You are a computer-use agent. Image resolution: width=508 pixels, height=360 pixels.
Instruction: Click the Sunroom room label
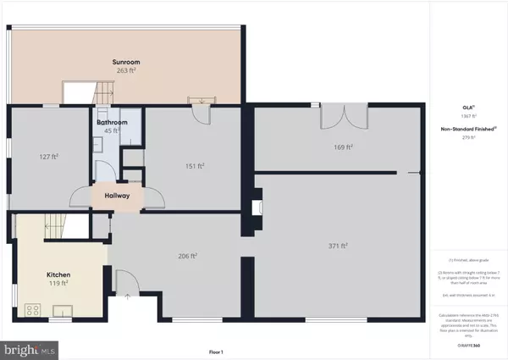pos(126,62)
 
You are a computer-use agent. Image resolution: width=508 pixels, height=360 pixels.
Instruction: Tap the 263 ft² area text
pos(126,70)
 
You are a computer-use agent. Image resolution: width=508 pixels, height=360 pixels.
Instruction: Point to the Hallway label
pos(117,196)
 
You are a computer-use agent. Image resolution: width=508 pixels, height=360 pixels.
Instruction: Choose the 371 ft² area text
pos(339,246)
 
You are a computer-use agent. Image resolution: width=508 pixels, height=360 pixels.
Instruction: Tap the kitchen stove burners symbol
pos(35,309)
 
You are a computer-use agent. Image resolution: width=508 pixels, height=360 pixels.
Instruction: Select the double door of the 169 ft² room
pos(343,116)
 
